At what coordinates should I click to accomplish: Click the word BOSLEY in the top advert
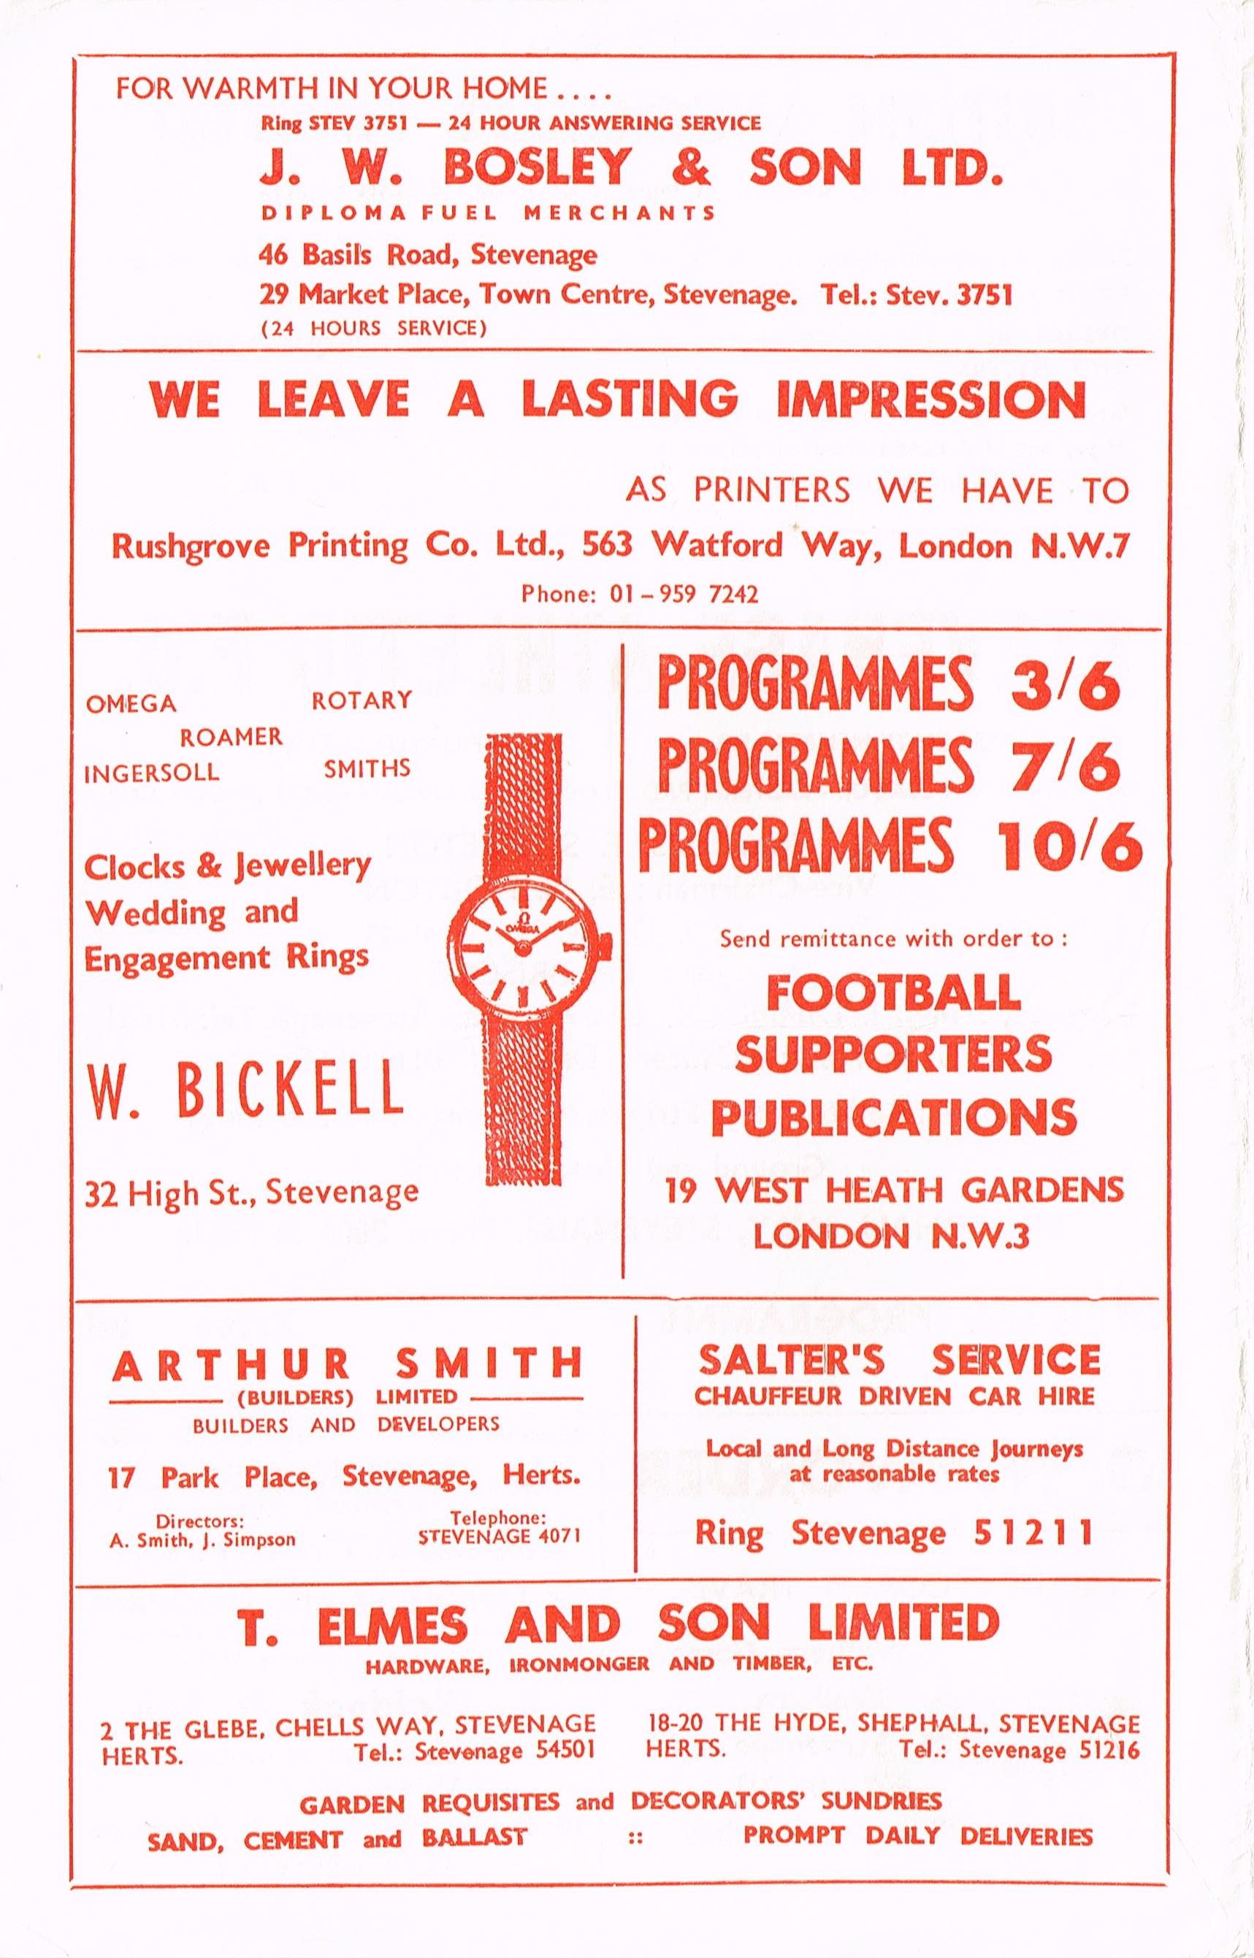[x=538, y=168]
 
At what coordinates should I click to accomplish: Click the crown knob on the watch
[x=605, y=944]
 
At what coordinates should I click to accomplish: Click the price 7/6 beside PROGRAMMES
[x=1066, y=765]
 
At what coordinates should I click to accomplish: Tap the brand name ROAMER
[x=232, y=737]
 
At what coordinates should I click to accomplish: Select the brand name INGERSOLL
[x=151, y=771]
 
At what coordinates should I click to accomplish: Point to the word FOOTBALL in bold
[x=893, y=993]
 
